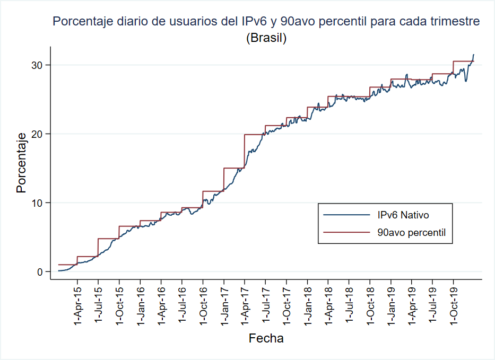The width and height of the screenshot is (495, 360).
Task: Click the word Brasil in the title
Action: tap(266, 38)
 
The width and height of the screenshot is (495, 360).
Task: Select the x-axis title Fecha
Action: tap(266, 338)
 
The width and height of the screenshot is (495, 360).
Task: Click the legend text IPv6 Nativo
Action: tap(403, 215)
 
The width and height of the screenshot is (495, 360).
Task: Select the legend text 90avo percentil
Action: tap(411, 232)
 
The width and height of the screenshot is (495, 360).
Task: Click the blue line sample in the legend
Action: tap(346, 215)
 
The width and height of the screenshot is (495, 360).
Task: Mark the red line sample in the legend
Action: tap(346, 232)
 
